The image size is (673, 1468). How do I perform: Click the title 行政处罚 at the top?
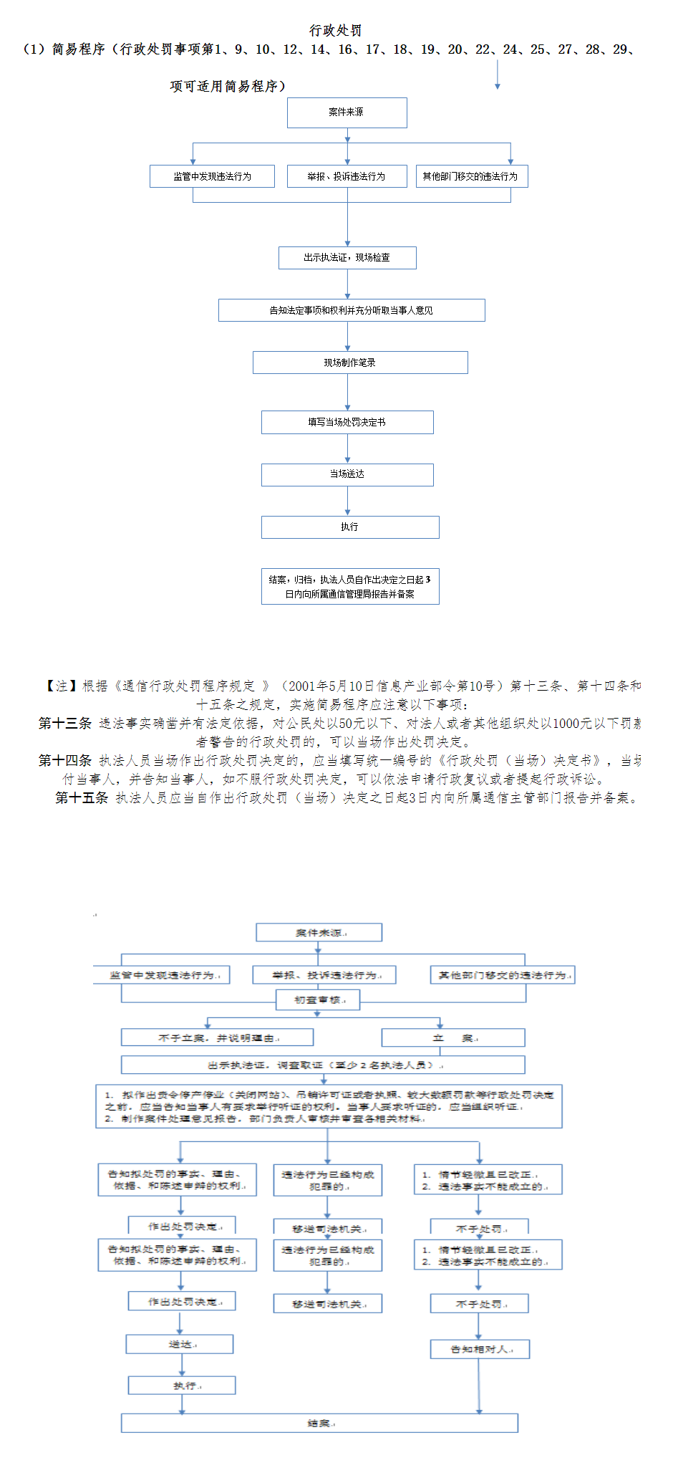pos(335,31)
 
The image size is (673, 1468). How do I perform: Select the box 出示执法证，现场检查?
pos(347,258)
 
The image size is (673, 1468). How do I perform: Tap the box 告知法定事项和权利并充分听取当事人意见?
pos(352,310)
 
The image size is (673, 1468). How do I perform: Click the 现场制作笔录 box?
pos(359,363)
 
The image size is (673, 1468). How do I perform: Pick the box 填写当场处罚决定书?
pos(347,422)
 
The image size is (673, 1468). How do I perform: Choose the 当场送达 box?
pos(347,474)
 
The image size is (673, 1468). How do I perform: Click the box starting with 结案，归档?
pos(350,587)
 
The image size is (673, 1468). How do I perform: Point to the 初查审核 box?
pos(318,999)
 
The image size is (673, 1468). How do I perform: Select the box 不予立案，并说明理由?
pos(217,1037)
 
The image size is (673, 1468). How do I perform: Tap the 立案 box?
pos(452,1037)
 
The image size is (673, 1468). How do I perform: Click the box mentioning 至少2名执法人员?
pos(323,1065)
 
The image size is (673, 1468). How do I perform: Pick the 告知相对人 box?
pos(480,1349)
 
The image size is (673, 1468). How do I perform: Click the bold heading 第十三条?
pos(65,724)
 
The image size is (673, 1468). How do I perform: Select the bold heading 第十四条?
pos(65,761)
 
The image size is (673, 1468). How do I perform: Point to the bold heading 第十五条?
pos(82,798)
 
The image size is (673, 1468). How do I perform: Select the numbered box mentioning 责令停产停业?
pos(329,1106)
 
